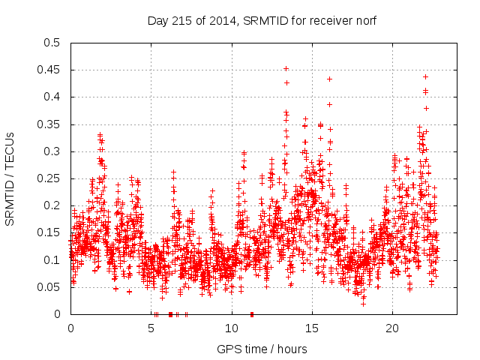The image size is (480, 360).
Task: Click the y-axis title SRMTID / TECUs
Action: click(x=10, y=178)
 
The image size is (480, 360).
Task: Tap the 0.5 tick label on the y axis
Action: click(x=55, y=43)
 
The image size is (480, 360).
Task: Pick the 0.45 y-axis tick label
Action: click(x=52, y=70)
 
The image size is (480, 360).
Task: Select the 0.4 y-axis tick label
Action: click(x=55, y=97)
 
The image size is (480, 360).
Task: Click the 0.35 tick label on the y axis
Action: click(x=52, y=124)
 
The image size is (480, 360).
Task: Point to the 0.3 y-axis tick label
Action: click(x=55, y=151)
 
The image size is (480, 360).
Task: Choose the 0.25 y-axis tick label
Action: click(x=52, y=178)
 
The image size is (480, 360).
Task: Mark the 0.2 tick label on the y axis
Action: click(x=55, y=205)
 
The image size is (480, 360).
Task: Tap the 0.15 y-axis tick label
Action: click(x=52, y=232)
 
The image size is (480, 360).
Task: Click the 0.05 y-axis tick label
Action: click(x=52, y=287)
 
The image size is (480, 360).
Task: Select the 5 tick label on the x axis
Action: click(x=151, y=328)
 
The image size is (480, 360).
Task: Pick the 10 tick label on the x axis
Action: click(x=232, y=328)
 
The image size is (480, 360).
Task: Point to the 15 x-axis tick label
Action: click(x=312, y=328)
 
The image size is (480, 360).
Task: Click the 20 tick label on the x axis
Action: click(x=392, y=328)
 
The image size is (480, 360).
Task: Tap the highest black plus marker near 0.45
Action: click(x=286, y=68)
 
